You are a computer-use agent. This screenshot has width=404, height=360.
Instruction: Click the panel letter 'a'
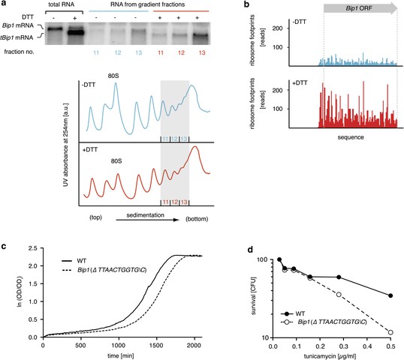(x=3, y=4)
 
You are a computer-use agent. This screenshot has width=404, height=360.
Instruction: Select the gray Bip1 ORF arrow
(x=360, y=8)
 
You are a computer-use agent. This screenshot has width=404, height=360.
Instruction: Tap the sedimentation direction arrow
(x=147, y=220)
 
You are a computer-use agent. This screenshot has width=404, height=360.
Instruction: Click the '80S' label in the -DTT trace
(x=113, y=76)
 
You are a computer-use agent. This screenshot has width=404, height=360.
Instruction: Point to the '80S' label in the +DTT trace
(x=116, y=161)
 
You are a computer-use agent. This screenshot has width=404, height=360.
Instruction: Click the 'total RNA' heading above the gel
(x=62, y=4)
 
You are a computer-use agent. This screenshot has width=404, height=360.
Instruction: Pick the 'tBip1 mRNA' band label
(x=17, y=37)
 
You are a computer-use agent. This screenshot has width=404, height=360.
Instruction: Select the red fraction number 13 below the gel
(x=202, y=52)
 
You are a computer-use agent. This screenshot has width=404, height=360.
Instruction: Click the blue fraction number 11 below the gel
(x=96, y=52)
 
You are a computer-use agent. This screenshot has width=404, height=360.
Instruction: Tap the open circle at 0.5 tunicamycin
(x=390, y=332)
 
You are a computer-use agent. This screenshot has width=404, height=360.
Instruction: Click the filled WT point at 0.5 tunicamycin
(x=390, y=295)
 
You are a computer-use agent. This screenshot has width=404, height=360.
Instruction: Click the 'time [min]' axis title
(x=121, y=356)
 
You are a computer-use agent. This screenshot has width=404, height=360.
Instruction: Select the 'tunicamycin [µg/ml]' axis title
(x=330, y=356)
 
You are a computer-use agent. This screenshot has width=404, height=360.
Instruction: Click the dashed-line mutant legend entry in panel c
(x=104, y=270)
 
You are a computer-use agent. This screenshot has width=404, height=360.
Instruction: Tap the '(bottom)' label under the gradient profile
(x=197, y=219)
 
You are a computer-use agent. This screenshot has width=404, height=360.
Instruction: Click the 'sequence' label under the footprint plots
(x=351, y=137)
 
